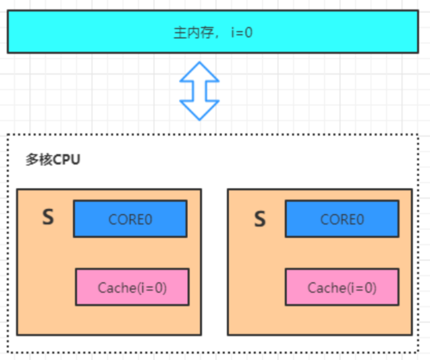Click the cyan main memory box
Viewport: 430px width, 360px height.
pyautogui.click(x=213, y=32)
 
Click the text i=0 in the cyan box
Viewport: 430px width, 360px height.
pyautogui.click(x=242, y=32)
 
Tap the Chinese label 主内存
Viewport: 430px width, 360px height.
pyautogui.click(x=193, y=33)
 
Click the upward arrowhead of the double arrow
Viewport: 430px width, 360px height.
pyautogui.click(x=199, y=72)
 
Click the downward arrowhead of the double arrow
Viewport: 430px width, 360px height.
pyautogui.click(x=199, y=110)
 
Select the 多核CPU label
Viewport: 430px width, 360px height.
pyautogui.click(x=53, y=160)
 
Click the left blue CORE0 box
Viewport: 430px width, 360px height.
pyautogui.click(x=130, y=219)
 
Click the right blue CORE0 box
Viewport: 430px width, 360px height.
pyautogui.click(x=342, y=219)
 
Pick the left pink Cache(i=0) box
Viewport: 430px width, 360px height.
pyautogui.click(x=132, y=287)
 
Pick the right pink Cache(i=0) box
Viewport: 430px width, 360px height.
pyautogui.click(x=342, y=287)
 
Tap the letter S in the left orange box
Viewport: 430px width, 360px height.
pyautogui.click(x=48, y=217)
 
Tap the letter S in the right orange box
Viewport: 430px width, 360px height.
pyautogui.click(x=260, y=219)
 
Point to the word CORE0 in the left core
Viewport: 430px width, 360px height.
pyautogui.click(x=130, y=219)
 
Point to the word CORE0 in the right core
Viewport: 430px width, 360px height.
pyautogui.click(x=342, y=219)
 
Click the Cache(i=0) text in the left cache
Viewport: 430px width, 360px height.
pyautogui.click(x=132, y=288)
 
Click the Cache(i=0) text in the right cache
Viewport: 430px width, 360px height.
pyautogui.click(x=342, y=288)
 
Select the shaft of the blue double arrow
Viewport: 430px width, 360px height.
pyautogui.click(x=199, y=91)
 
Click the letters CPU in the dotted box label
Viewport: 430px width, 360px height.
pyautogui.click(x=66, y=160)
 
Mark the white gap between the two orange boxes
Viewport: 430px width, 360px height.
pyautogui.click(x=215, y=262)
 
